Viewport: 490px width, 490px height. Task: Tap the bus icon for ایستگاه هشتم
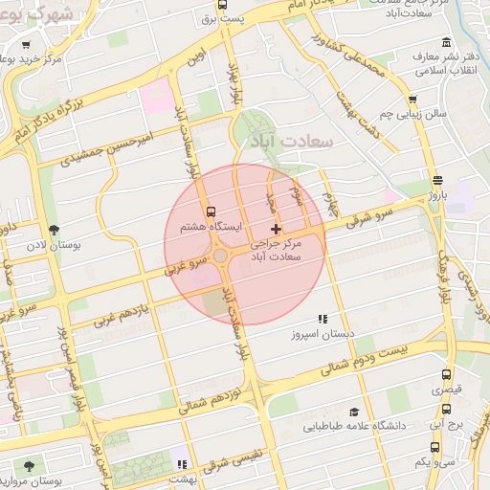[211, 212]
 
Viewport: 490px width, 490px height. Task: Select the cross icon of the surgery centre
[277, 229]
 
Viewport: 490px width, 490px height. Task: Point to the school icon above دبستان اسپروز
[323, 319]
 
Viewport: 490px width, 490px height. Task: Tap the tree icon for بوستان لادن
[54, 230]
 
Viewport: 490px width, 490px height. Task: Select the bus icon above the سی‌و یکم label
[435, 446]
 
